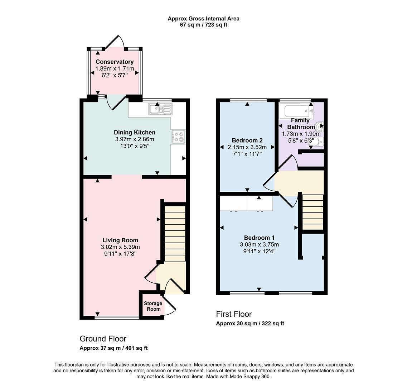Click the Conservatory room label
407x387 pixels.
115,62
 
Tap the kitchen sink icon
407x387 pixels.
160,109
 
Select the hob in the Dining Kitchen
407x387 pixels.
178,137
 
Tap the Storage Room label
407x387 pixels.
153,306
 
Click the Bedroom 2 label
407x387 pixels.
247,140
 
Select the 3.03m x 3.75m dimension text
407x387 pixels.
259,245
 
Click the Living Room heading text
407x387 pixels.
120,240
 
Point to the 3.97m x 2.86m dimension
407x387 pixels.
135,139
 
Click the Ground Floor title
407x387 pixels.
103,339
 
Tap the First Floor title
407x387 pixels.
234,314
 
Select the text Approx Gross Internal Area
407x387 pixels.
203,19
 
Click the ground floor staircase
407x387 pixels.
175,233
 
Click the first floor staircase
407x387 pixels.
313,212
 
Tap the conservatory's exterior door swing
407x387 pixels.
115,42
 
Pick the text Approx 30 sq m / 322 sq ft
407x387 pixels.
250,324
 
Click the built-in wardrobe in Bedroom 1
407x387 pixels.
246,203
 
